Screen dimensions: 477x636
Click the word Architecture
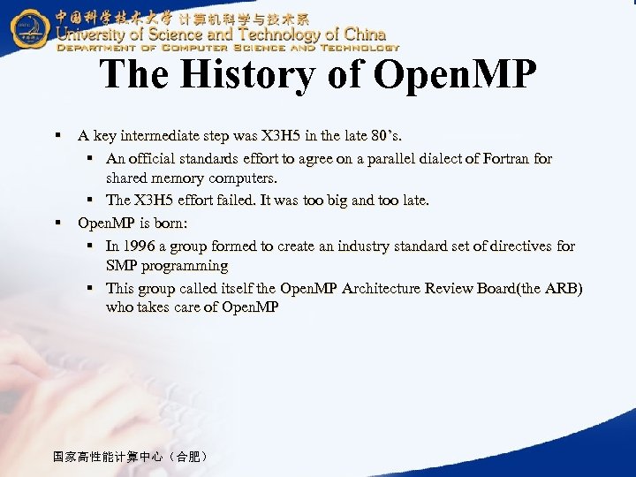[382, 288]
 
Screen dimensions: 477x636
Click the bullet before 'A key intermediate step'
[57, 136]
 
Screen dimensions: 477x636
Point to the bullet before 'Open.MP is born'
[57, 223]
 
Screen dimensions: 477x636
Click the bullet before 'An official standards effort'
[91, 159]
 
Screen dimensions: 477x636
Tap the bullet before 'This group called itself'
[91, 288]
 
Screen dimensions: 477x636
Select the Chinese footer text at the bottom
[131, 457]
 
